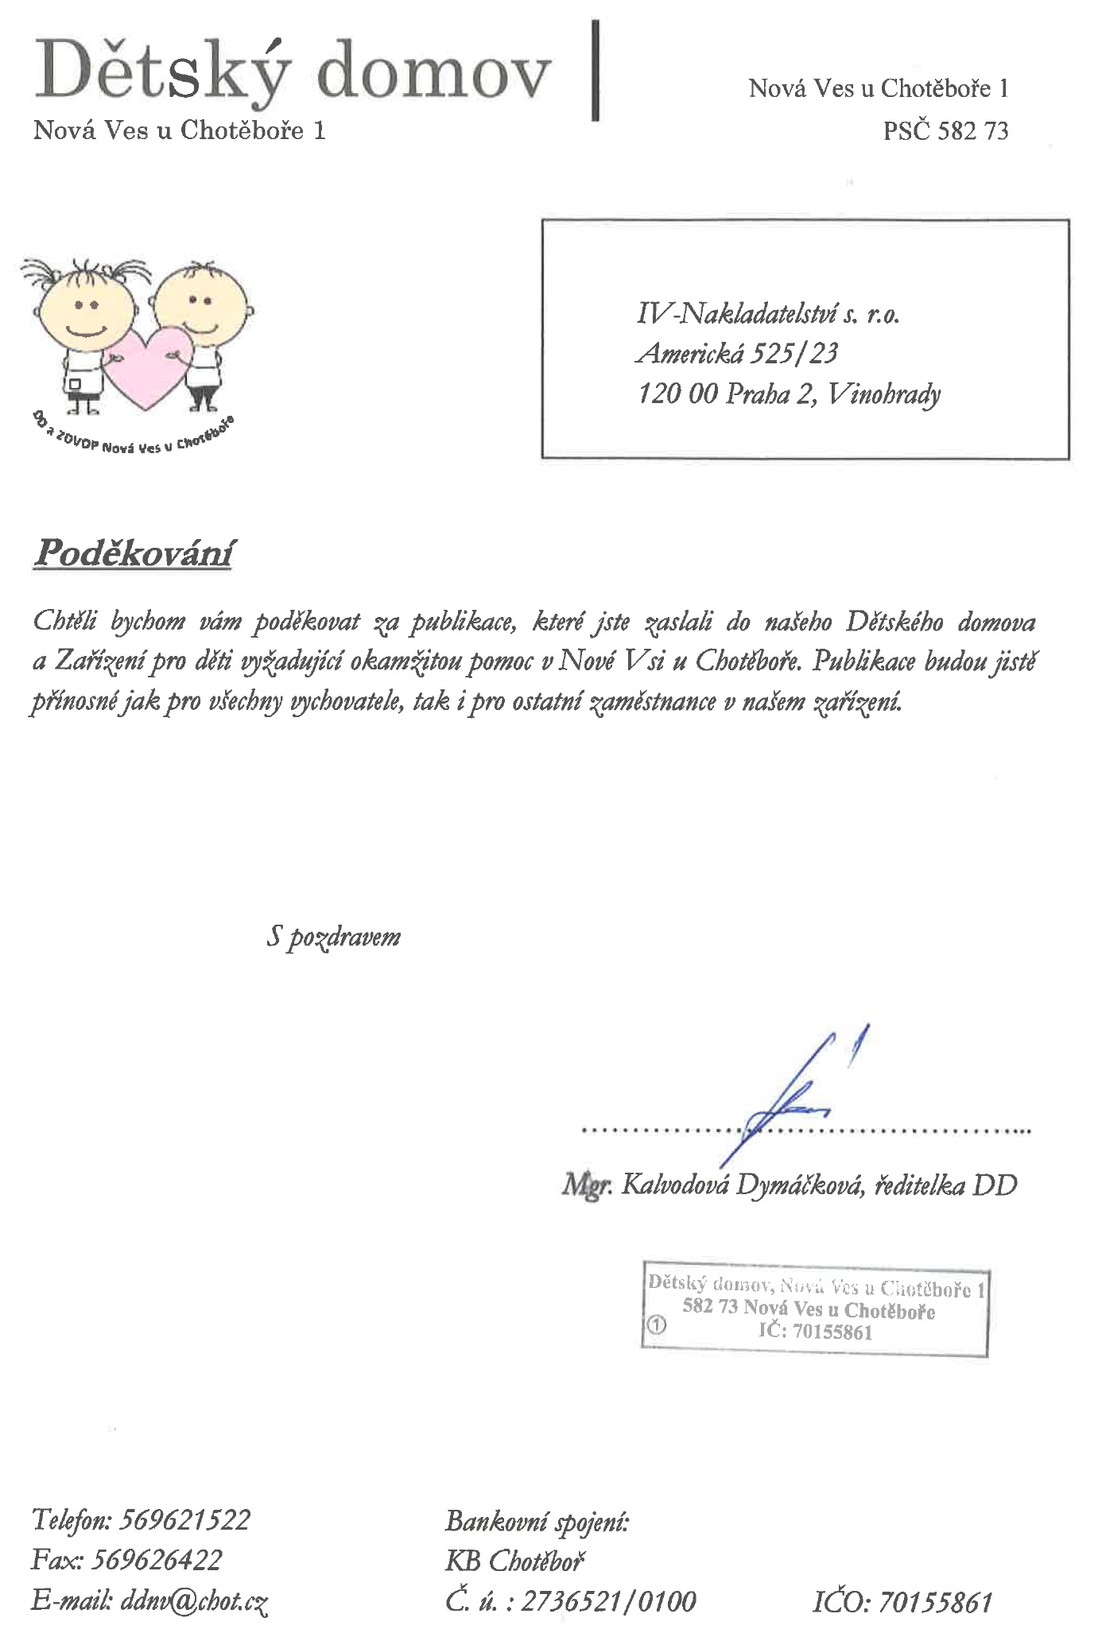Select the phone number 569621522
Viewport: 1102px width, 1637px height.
(184, 1519)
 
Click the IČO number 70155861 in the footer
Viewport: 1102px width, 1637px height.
(935, 1600)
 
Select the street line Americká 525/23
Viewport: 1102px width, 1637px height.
(737, 353)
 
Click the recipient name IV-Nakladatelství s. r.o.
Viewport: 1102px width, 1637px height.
(767, 314)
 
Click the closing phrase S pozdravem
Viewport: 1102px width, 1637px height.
(333, 937)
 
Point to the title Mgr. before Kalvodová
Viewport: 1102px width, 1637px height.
(587, 1185)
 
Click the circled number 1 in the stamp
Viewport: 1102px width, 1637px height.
(656, 1325)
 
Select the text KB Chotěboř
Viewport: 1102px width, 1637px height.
(514, 1560)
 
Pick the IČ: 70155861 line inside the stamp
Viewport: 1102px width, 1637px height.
(815, 1332)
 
